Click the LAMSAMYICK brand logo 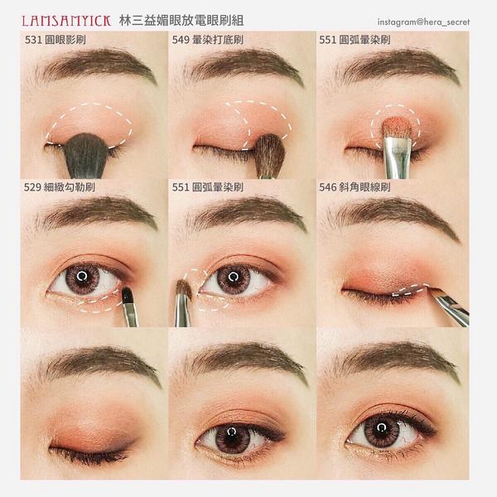66,21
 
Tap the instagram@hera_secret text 423,22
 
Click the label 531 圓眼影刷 55,40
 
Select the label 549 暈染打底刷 208,40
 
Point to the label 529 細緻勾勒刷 60,187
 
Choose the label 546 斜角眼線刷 355,187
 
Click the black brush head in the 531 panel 86,156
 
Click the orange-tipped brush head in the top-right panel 397,128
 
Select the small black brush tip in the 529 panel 128,296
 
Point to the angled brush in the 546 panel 450,306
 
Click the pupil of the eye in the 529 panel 82,276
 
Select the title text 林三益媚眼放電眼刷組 181,21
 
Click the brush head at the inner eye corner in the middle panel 184,289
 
